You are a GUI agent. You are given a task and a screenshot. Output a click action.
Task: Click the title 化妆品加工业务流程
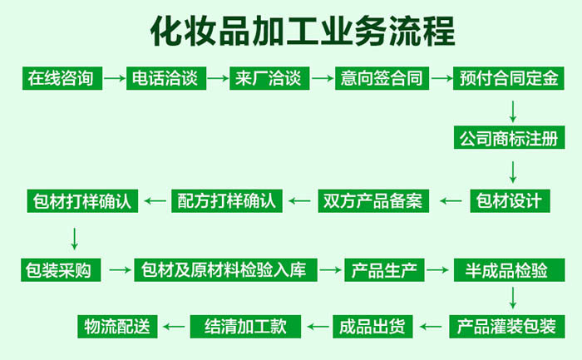click(303, 31)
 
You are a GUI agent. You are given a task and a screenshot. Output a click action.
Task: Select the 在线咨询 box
click(62, 78)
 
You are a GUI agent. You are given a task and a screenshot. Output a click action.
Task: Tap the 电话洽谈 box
click(166, 78)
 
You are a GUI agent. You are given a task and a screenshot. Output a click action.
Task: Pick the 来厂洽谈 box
click(269, 78)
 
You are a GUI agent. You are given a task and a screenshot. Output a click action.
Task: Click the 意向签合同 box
click(382, 78)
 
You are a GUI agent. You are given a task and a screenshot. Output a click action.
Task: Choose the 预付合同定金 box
click(509, 78)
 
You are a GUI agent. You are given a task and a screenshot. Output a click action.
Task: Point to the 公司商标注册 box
click(509, 138)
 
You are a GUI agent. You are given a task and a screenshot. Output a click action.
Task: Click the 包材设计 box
click(510, 201)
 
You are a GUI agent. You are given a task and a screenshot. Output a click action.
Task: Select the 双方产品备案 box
click(373, 201)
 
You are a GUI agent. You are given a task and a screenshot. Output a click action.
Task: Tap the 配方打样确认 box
click(227, 201)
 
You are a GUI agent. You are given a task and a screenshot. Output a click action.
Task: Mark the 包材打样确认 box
click(82, 201)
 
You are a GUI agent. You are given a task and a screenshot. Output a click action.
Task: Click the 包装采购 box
click(61, 270)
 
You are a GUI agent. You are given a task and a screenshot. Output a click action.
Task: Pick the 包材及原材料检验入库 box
click(225, 270)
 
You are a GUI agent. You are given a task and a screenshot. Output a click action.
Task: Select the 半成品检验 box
click(509, 270)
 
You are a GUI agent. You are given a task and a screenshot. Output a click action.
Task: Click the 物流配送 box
click(117, 327)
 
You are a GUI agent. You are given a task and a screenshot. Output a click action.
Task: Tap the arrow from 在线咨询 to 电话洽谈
click(115, 78)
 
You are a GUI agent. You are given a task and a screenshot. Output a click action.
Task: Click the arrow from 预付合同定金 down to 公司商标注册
click(513, 111)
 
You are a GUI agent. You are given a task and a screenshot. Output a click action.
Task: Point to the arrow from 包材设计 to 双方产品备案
click(451, 201)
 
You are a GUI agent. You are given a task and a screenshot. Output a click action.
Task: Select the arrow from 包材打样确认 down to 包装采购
click(75, 239)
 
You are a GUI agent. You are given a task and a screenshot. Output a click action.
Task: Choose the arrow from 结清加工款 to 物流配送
click(174, 327)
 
